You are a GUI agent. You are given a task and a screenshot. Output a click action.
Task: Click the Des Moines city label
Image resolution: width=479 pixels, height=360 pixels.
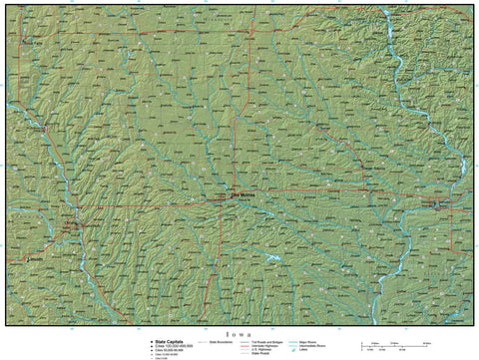coord(244,195)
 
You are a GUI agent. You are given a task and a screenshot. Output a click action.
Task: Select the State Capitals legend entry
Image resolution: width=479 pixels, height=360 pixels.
coord(166,339)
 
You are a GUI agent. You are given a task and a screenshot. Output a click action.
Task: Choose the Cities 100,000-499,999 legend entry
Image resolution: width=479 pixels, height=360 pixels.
coord(168,344)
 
